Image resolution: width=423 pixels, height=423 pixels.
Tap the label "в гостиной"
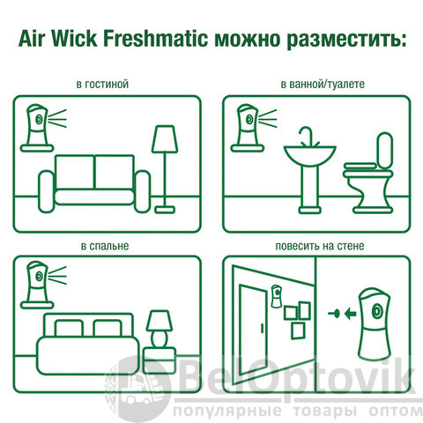point(102,85)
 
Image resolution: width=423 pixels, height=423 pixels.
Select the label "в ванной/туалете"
point(323,85)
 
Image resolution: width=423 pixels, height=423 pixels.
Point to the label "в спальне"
point(105,246)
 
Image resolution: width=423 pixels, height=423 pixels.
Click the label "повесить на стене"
point(320,246)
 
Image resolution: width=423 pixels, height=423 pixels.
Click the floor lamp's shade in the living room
point(165,139)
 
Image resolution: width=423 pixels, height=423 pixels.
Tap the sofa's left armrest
point(47,191)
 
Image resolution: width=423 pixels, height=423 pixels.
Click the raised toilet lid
point(385,151)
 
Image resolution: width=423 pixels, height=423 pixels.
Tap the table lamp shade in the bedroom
point(160,321)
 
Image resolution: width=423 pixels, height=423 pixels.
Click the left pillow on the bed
point(69,329)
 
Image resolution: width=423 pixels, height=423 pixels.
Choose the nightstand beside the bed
point(160,360)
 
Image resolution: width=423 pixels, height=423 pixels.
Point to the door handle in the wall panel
point(262,328)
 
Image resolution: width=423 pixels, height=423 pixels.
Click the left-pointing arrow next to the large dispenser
point(351,314)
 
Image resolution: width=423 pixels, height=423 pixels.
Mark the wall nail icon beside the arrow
point(334,314)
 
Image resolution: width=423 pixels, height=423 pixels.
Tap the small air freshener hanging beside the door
point(276,296)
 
